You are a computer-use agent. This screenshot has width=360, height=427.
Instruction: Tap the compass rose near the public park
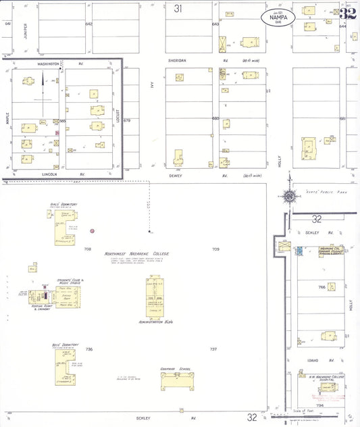[x=289, y=197]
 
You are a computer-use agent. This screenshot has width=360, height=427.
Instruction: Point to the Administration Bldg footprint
[x=155, y=297]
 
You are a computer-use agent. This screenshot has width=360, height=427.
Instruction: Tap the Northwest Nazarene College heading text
[x=136, y=254]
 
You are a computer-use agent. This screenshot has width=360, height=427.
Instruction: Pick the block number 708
[x=87, y=249]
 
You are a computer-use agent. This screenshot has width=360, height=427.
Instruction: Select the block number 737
[x=213, y=349]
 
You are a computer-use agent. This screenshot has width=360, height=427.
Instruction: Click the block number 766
[x=322, y=287]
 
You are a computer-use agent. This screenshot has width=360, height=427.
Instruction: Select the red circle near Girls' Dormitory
[x=92, y=231]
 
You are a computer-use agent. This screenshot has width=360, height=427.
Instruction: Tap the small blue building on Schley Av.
[x=299, y=251]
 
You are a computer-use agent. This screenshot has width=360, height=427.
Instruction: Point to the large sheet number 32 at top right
[x=349, y=12]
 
